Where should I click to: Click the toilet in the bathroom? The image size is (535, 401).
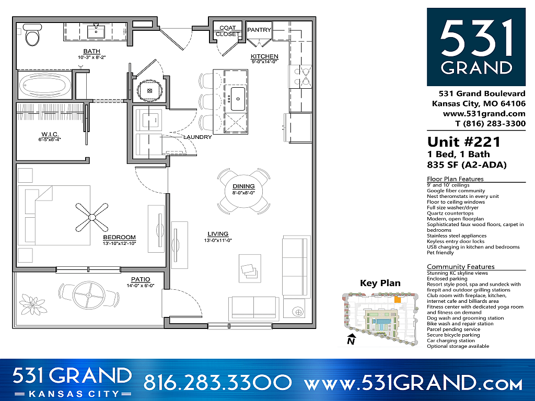[x=32, y=37]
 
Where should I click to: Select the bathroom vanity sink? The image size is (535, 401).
[x=97, y=32]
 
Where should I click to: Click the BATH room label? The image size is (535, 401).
[x=92, y=51]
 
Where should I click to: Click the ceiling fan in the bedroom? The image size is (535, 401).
[x=91, y=217]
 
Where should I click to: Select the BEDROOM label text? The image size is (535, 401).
[x=119, y=237]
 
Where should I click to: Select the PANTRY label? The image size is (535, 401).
[x=259, y=30]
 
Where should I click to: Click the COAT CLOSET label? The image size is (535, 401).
[x=227, y=31]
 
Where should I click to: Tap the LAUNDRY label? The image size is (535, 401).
[x=197, y=137]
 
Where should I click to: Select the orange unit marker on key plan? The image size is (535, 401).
[x=398, y=300]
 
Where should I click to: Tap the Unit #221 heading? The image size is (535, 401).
[x=463, y=141]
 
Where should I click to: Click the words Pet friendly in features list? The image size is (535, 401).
[x=440, y=253]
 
